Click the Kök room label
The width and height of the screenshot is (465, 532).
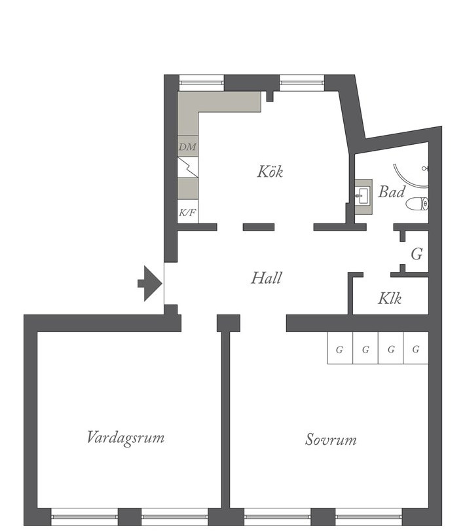tap(270, 172)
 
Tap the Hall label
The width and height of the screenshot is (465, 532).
tap(267, 278)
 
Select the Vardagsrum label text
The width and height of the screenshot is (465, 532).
tap(126, 438)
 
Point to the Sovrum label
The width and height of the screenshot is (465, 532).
tap(331, 440)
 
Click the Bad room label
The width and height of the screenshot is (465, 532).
tap(392, 192)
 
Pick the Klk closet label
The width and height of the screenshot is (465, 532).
tap(390, 299)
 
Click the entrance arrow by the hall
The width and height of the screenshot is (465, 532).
tap(149, 283)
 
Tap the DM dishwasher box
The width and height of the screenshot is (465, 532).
tap(188, 146)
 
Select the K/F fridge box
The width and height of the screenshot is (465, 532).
tap(188, 212)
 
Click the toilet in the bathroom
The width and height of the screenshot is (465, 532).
tap(417, 204)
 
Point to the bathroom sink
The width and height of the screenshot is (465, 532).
tap(363, 197)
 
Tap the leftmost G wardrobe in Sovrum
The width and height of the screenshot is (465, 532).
tap(340, 349)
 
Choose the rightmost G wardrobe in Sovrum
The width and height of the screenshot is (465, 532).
tap(416, 349)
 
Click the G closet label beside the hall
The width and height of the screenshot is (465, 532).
tap(417, 254)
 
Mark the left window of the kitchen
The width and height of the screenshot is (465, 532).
tap(202, 83)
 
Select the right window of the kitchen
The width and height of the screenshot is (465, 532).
tap(302, 83)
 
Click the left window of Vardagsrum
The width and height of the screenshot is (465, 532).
tap(84, 517)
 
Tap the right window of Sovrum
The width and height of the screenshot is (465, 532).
tap(369, 517)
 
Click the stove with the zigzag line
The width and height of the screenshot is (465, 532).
tap(188, 167)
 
